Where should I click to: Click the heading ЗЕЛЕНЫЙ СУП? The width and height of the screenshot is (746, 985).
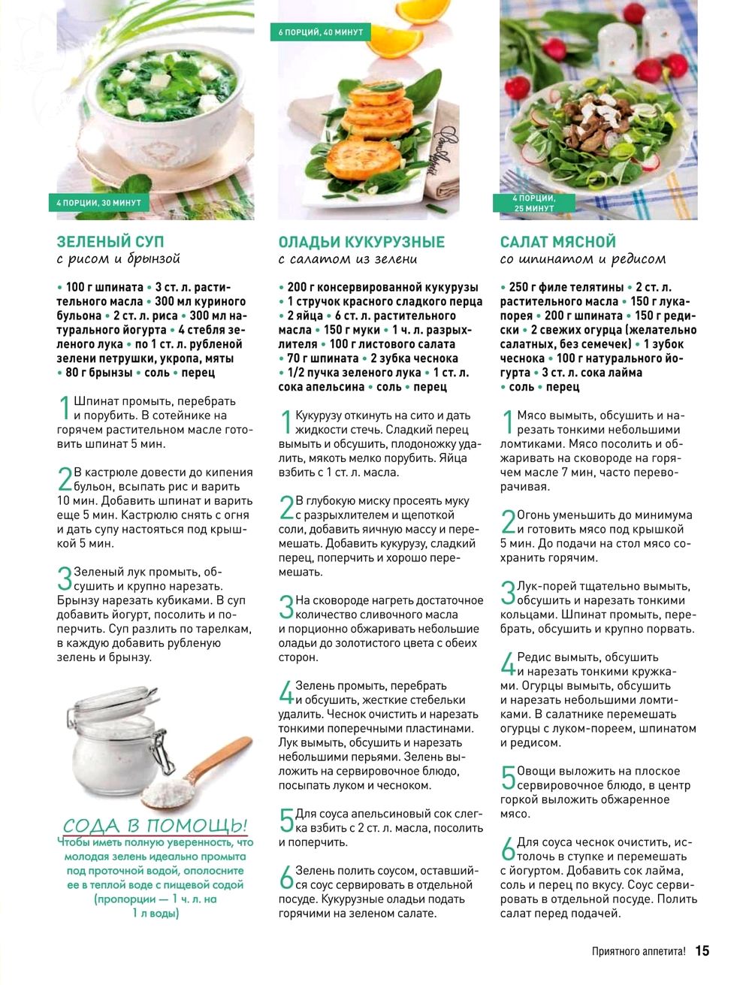pos(110,241)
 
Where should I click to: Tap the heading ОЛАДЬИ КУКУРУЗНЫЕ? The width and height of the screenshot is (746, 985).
pos(361,241)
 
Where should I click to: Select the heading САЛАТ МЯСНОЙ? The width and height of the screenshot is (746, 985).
pos(558,241)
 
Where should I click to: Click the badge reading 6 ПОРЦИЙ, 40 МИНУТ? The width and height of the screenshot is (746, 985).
pos(320,32)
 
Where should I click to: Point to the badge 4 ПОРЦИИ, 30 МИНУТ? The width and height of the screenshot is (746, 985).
pos(98,202)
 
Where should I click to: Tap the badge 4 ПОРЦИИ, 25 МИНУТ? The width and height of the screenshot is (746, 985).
pos(533,203)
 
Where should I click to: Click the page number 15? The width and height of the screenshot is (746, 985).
pos(702,950)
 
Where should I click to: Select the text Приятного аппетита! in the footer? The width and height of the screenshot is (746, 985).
pos(639,950)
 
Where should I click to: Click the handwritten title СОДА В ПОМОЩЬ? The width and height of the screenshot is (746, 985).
pos(156,825)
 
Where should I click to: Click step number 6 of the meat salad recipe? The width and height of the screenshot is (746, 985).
pos(508,849)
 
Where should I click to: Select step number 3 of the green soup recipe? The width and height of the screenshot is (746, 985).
pos(64,579)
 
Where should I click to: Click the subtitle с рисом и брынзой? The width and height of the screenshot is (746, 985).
pos(118,259)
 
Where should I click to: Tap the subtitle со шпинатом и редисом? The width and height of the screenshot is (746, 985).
pos(583,259)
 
